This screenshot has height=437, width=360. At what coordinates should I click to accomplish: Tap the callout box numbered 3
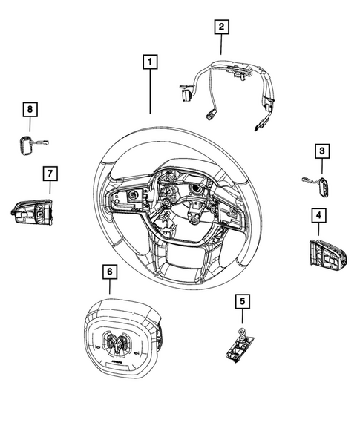[x=321, y=152]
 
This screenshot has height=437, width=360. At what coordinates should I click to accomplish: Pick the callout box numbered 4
[x=317, y=216]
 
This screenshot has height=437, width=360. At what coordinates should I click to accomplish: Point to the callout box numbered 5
[x=241, y=300]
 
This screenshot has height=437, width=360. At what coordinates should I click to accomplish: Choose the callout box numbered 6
[x=109, y=272]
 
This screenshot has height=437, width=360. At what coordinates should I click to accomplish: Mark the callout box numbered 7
[x=49, y=173]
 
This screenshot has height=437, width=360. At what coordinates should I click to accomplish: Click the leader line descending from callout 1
[x=151, y=93]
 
